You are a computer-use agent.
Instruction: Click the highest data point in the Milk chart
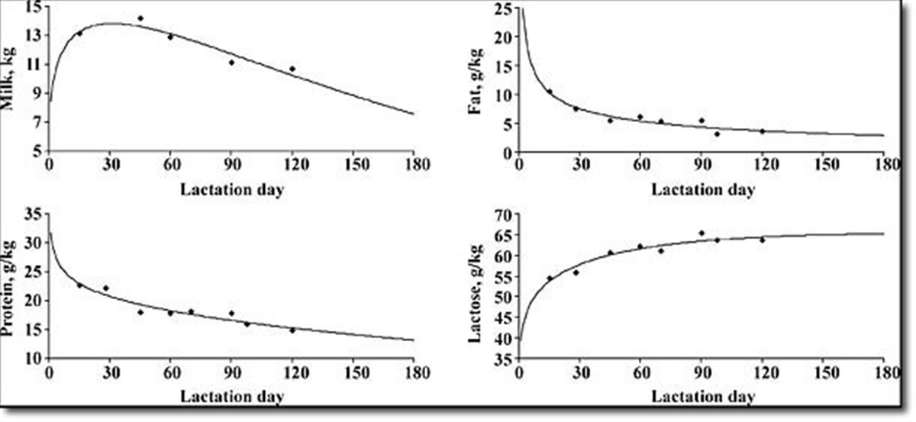(140, 18)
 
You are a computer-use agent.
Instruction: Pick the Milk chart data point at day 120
(292, 69)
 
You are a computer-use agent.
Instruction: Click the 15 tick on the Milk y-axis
(34, 7)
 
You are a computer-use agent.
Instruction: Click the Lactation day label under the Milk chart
(231, 189)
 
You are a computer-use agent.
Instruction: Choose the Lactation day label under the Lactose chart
(703, 397)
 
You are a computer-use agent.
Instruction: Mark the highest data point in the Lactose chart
(702, 234)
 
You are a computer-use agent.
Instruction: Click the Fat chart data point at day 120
(762, 131)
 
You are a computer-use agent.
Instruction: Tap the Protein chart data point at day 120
(292, 330)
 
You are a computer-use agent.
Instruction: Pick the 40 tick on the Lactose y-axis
(502, 340)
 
